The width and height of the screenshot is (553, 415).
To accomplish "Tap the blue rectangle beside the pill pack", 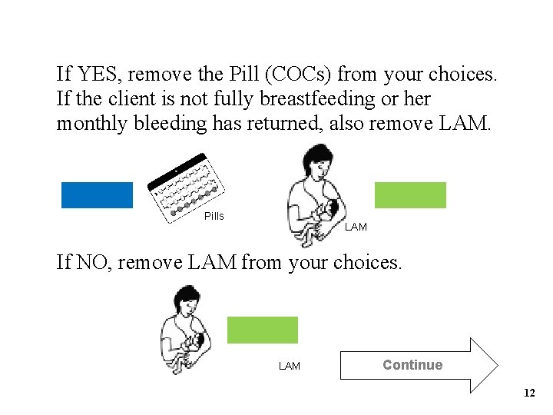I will pyautogui.click(x=97, y=195).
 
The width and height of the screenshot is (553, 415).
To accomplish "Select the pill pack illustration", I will pyautogui.click(x=186, y=189).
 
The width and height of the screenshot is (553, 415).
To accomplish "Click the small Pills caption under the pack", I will pyautogui.click(x=214, y=217).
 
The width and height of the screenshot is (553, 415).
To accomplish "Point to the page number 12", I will pyautogui.click(x=528, y=393).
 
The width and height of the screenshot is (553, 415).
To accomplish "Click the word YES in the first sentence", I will pyautogui.click(x=98, y=75).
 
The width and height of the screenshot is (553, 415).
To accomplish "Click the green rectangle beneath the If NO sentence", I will pyautogui.click(x=262, y=330).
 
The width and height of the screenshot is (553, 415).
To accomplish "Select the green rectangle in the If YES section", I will pyautogui.click(x=410, y=195).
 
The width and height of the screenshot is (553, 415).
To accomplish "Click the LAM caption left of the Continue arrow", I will pyautogui.click(x=290, y=367).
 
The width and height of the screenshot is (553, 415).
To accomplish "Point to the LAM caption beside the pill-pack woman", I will pyautogui.click(x=356, y=227).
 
